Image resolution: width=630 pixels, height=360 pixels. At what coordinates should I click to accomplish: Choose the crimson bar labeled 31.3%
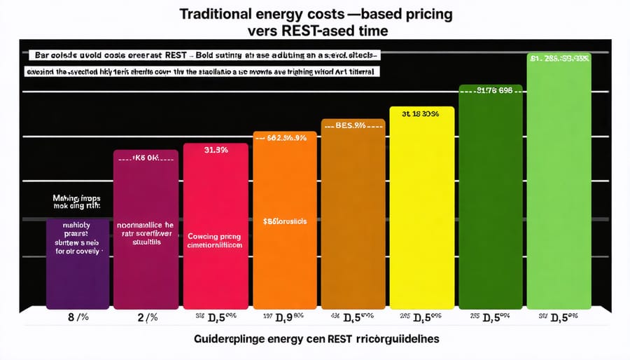pos(215,266)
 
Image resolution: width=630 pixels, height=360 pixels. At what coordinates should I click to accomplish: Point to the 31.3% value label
pos(215,150)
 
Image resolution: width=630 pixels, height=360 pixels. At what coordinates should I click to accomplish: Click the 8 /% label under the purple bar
pos(77,319)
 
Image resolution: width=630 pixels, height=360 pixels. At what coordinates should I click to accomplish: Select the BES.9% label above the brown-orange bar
pos(352,127)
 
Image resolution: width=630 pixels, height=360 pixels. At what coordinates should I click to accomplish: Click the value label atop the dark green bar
pos(489,90)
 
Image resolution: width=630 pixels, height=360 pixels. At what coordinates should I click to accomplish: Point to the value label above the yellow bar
pos(421,113)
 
